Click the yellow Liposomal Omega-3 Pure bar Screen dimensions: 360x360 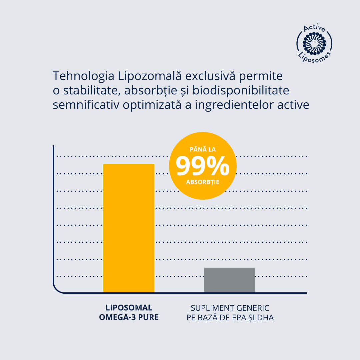pos(129,228)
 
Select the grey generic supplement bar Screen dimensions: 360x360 pos(230,280)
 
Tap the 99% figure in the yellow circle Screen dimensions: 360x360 pos(203,166)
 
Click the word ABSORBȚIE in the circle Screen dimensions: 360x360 pos(203,182)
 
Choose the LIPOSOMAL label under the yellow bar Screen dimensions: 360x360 pos(129,307)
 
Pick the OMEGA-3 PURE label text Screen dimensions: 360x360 pos(129,317)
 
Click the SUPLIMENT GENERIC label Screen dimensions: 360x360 pos(230,307)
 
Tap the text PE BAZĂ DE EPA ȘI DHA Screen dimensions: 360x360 pos(230,317)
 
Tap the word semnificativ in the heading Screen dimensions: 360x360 pos(86,105)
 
